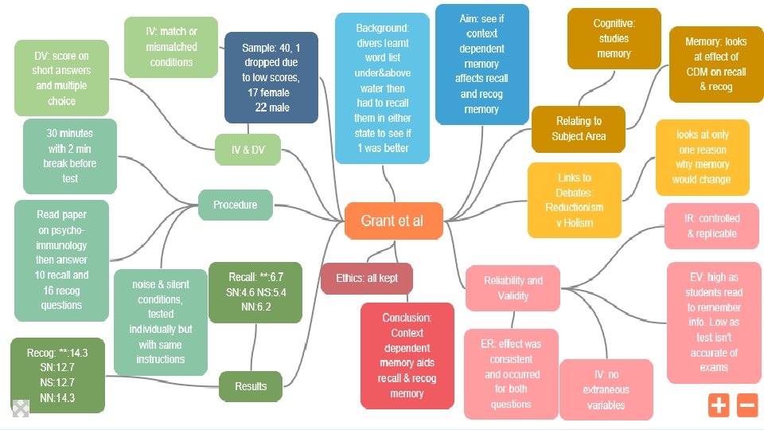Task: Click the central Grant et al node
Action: click(393, 221)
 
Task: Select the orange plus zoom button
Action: click(719, 405)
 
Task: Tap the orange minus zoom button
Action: click(747, 405)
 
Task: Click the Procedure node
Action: click(236, 205)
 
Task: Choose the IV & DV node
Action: click(248, 150)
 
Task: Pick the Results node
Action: click(251, 386)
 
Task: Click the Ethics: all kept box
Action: click(367, 278)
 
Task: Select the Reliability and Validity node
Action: click(513, 287)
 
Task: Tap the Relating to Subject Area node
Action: click(579, 128)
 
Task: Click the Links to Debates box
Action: click(575, 200)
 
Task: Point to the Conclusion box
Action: click(407, 355)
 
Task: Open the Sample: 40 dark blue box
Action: click(271, 77)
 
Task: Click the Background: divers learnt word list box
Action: click(382, 88)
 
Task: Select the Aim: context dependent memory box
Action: click(481, 64)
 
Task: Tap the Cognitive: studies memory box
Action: click(614, 38)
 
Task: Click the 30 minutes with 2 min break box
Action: click(70, 156)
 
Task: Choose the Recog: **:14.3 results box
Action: click(57, 375)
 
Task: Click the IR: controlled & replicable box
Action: click(712, 225)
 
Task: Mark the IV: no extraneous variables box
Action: click(606, 389)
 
